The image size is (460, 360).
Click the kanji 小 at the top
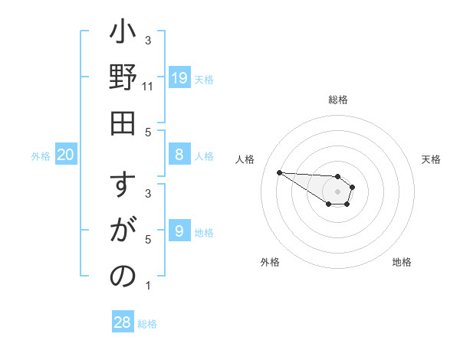[123, 34]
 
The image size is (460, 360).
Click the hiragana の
[123, 277]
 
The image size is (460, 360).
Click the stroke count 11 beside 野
[148, 87]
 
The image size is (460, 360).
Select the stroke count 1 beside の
[148, 286]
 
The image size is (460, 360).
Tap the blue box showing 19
[179, 77]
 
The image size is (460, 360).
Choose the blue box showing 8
[179, 155]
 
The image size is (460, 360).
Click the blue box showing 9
[179, 231]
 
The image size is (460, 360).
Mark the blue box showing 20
[66, 155]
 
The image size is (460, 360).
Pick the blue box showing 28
[123, 322]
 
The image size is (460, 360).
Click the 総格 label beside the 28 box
[147, 324]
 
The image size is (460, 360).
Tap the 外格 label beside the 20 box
[41, 156]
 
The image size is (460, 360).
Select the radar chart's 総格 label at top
[337, 100]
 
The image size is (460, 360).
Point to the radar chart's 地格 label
[402, 262]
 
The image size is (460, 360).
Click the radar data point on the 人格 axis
[279, 172]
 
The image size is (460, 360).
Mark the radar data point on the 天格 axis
[353, 186]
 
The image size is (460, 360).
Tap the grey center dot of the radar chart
[337, 191]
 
